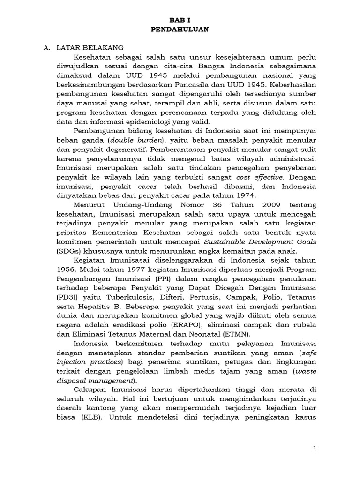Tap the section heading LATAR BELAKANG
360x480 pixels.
[90, 48]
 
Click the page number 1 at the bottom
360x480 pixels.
[315, 449]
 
